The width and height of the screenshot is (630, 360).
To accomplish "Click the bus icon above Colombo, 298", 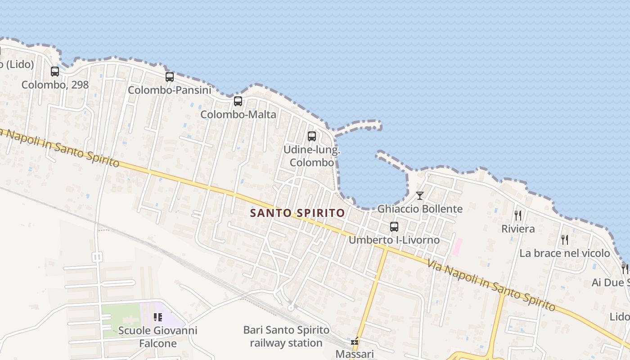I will coord(55,71).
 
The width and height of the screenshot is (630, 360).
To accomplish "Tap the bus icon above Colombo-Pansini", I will coord(170,77).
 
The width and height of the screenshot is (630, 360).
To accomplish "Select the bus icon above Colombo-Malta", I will coord(238,101).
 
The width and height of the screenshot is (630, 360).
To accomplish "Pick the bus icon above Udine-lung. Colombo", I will coord(311,136).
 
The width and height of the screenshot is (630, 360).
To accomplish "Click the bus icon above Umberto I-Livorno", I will coord(394,227).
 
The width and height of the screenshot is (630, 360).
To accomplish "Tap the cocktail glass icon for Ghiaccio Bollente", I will coord(420,195).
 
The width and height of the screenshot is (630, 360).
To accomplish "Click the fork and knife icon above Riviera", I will coord(518,216).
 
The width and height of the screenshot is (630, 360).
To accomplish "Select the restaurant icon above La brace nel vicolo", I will coord(565,239).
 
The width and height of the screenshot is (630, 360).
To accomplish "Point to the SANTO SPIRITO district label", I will coord(297,213).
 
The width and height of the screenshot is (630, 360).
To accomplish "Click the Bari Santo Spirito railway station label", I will coord(286,336).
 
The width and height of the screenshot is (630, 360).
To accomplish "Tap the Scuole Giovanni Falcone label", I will coord(157,337).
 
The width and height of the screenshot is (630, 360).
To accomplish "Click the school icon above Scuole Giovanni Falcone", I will coord(157,317).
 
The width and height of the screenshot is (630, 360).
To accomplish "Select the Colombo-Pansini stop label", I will coord(170,90).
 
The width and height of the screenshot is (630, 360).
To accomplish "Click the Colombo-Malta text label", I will coord(238,114).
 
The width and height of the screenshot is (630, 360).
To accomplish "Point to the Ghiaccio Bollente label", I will coord(420,209).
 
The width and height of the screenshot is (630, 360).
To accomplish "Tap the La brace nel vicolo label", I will coord(565,253).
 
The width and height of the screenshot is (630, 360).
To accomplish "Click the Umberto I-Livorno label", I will coord(394,240).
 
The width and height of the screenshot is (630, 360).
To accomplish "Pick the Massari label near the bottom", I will coord(355,354).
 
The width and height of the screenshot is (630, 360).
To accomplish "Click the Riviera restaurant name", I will coord(518,229).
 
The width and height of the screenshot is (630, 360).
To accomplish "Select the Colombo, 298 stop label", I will coord(55,85).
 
